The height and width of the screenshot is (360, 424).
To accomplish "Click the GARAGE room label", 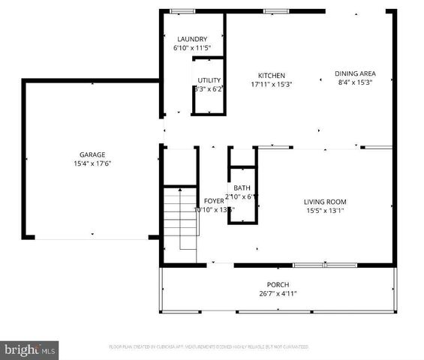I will point(92,154).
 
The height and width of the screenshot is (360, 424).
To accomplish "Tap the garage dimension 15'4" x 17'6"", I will point(92,163).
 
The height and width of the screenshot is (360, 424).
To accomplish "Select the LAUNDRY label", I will point(191,39).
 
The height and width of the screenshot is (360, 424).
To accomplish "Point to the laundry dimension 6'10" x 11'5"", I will point(191,48).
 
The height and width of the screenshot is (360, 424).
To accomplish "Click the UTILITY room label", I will point(209,80).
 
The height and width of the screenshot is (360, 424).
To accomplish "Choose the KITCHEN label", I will point(271,75).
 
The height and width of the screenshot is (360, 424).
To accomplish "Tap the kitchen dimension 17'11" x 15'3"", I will point(271,84).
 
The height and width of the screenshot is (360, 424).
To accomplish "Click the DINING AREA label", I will point(355,73).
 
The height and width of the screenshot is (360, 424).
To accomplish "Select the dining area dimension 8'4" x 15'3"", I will point(355,82).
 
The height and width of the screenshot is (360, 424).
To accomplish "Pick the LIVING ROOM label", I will point(324,201).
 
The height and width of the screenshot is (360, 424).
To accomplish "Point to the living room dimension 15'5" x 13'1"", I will point(324,211).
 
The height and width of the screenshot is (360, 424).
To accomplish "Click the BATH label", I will point(242,188).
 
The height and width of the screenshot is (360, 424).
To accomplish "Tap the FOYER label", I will point(214,201).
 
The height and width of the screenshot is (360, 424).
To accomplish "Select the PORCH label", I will point(278,285).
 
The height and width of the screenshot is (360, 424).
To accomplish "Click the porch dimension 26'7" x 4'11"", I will point(278,294).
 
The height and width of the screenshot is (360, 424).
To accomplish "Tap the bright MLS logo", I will point(30,349).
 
